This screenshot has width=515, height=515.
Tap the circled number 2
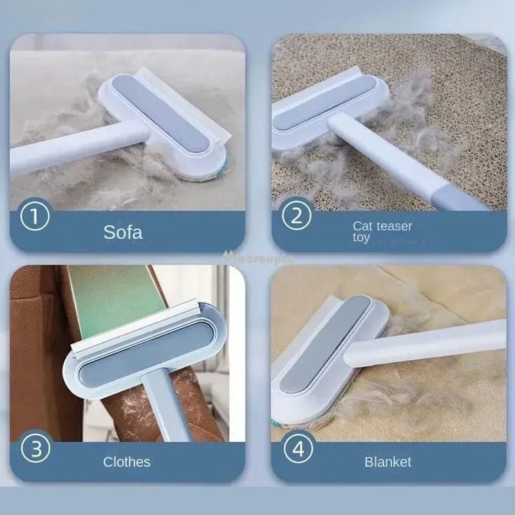(x=297, y=217)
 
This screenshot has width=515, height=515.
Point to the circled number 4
(x=297, y=449)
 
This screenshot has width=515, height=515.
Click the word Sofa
(x=123, y=232)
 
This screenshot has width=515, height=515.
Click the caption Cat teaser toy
(x=382, y=231)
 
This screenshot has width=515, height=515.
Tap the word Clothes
(x=127, y=462)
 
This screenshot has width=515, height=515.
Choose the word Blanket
(x=388, y=462)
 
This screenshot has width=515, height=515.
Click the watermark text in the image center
(x=257, y=257)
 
